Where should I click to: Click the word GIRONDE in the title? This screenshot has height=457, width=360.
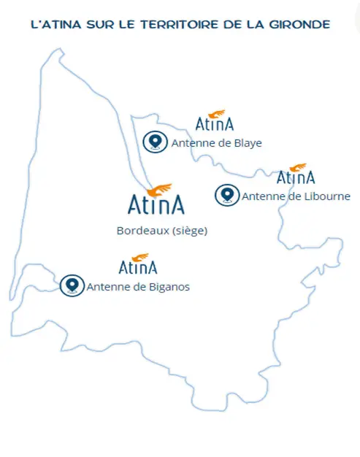(x=299, y=25)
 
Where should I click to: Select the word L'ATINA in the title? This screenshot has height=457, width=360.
(x=56, y=25)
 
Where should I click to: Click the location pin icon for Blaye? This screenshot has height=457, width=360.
(x=155, y=142)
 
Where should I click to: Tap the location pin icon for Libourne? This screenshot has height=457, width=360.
(x=227, y=195)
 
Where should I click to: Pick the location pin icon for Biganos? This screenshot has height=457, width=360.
(x=72, y=285)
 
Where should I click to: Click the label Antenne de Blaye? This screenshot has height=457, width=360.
(x=217, y=143)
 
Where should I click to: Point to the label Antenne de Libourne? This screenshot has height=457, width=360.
(x=296, y=196)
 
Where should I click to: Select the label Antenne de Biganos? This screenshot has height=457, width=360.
(x=138, y=287)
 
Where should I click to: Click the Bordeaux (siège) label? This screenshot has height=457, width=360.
(x=162, y=231)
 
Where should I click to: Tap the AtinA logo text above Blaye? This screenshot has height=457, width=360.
(x=215, y=124)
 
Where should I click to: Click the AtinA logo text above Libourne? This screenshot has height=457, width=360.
(x=296, y=177)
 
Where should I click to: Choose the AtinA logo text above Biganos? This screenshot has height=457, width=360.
(x=138, y=267)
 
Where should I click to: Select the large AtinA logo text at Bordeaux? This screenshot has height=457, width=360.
(x=156, y=204)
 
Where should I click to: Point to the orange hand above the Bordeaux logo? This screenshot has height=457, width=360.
(x=159, y=190)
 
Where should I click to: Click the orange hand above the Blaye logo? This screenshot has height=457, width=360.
(x=217, y=114)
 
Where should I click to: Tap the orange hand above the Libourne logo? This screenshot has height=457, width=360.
(x=298, y=168)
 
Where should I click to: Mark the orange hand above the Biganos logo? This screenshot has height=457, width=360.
(x=140, y=258)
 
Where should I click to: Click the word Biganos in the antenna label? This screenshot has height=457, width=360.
(x=169, y=287)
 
